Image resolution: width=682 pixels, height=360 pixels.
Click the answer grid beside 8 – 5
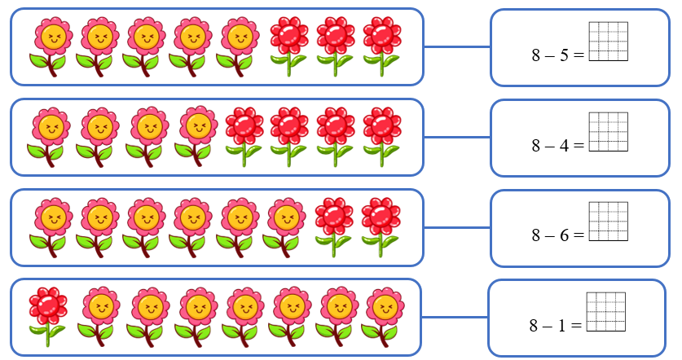609,41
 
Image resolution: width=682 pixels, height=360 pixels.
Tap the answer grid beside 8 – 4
609,131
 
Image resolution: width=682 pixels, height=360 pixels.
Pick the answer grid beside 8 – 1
605,311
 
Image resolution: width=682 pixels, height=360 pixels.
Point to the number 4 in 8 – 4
565,147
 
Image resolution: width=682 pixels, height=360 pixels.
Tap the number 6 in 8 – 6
565,236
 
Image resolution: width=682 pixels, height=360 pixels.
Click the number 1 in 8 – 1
563,326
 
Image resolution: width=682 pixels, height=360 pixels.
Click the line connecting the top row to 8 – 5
456,46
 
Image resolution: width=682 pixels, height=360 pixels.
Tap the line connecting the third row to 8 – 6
456,228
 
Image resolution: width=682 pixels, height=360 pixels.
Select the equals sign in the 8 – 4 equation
579,147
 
